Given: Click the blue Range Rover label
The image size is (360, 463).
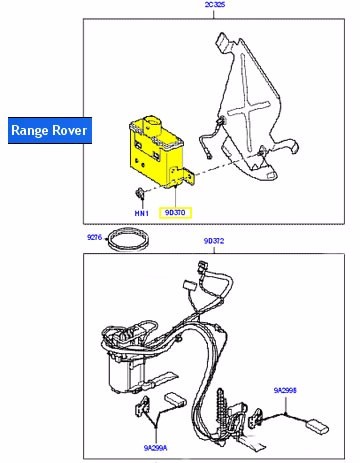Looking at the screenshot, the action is [x=49, y=130].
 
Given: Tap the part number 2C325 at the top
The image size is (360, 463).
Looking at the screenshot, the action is [x=214, y=6].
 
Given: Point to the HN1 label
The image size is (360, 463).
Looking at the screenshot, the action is [x=143, y=213].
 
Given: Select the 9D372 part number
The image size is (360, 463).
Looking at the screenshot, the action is [x=215, y=240].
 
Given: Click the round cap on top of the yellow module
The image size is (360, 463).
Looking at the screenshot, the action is [x=152, y=123].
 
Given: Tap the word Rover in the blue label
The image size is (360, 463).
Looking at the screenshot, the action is [x=71, y=130].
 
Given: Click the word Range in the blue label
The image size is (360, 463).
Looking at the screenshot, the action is [x=29, y=130].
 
